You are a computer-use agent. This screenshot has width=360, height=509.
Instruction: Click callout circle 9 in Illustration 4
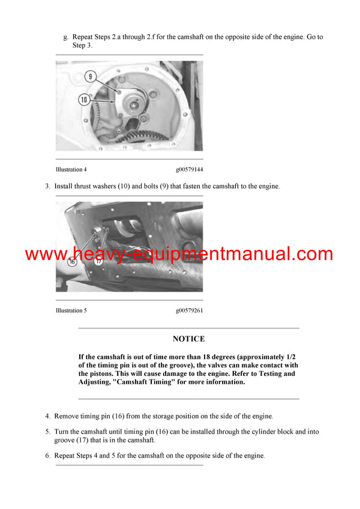point(90,77)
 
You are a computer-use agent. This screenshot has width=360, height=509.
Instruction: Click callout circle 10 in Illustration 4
point(85,100)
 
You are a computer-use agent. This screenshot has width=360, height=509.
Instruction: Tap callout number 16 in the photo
point(72,262)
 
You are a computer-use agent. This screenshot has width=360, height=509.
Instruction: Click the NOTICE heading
point(188,339)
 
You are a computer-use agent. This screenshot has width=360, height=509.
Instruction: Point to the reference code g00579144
point(189,170)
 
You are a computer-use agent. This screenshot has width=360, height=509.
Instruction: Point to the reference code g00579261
point(189,311)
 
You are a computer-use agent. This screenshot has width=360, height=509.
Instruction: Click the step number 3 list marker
point(47,186)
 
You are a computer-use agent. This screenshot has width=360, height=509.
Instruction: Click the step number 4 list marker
point(47,415)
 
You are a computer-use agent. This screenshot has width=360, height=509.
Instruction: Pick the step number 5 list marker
point(47,431)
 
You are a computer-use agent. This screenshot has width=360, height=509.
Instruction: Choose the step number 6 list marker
point(47,456)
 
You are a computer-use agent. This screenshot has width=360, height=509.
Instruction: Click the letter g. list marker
point(65,37)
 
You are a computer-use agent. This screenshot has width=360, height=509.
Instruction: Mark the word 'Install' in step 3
point(64,186)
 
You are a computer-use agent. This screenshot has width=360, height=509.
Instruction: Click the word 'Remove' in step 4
point(67,415)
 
